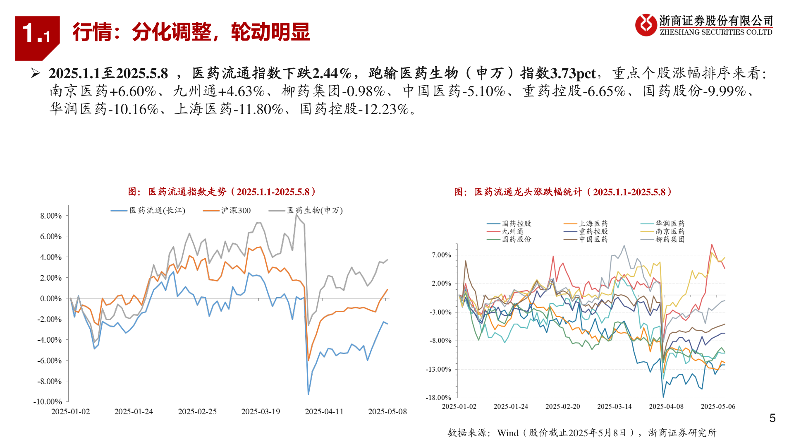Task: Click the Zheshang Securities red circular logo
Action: tap(646, 25)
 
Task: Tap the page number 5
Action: tap(772, 418)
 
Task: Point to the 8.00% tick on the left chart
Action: tap(51, 216)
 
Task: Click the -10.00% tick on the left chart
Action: tap(48, 401)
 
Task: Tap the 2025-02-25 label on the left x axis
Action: tap(197, 411)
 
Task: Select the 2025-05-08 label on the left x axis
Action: tap(387, 411)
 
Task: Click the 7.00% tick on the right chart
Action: tap(442, 255)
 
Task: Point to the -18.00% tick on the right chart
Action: tap(439, 398)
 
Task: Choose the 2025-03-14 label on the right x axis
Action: tap(615, 406)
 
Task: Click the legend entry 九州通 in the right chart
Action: tap(512, 231)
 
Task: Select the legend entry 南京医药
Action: tap(670, 231)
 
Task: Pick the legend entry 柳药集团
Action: tap(670, 239)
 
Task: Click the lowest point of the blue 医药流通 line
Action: tap(308, 394)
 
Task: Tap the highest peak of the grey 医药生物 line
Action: tap(296, 215)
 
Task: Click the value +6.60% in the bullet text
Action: tap(133, 91)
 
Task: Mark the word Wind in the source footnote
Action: tap(507, 433)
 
